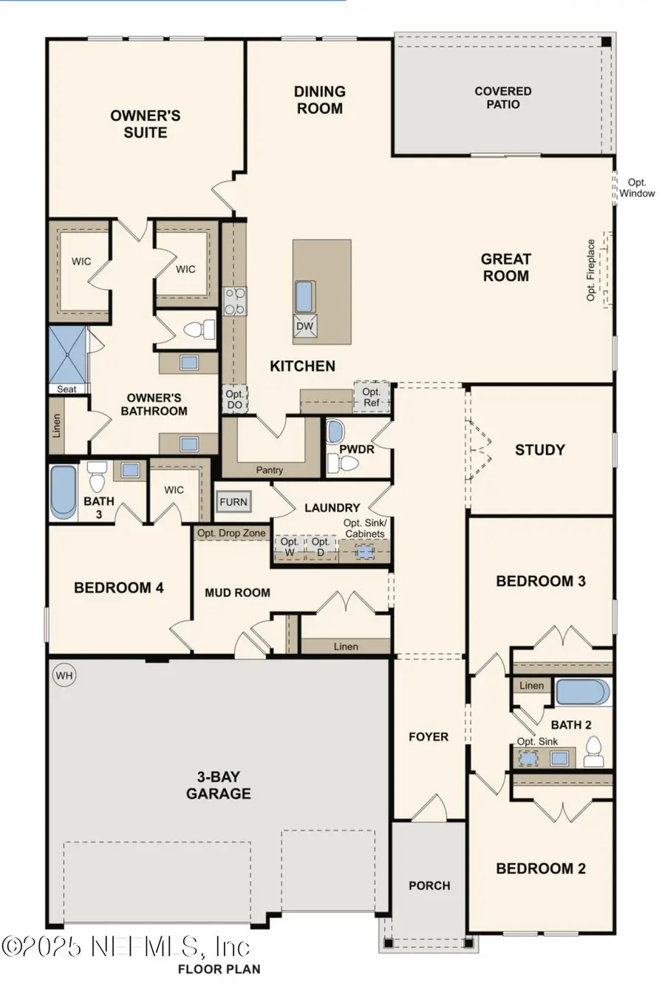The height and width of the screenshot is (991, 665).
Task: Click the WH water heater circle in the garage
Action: pyautogui.click(x=64, y=675)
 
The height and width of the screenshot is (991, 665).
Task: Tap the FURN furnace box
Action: pyautogui.click(x=233, y=502)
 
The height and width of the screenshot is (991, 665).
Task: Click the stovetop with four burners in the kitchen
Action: pyautogui.click(x=235, y=302)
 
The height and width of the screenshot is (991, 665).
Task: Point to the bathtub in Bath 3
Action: pyautogui.click(x=64, y=491)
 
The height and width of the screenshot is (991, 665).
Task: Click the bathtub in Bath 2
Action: pyautogui.click(x=582, y=693)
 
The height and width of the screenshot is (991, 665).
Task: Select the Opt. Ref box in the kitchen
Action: pyautogui.click(x=371, y=397)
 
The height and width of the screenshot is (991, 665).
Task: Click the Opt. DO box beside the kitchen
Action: pyautogui.click(x=234, y=400)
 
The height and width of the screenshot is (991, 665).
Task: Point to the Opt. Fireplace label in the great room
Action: pyautogui.click(x=591, y=270)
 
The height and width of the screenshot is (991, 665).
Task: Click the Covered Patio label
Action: pyautogui.click(x=502, y=98)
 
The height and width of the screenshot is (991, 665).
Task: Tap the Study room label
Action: pyautogui.click(x=539, y=449)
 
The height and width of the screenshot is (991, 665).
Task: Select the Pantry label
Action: pyautogui.click(x=270, y=469)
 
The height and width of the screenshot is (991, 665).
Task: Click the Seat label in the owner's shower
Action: pyautogui.click(x=66, y=389)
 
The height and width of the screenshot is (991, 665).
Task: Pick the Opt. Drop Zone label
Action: pyautogui.click(x=231, y=533)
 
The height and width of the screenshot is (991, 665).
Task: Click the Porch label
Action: pyautogui.click(x=429, y=885)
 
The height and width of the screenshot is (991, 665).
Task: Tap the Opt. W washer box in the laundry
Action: pyautogui.click(x=290, y=548)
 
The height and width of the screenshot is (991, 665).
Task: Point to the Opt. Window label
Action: pyautogui.click(x=637, y=188)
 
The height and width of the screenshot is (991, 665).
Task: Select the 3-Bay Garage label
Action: pyautogui.click(x=218, y=785)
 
